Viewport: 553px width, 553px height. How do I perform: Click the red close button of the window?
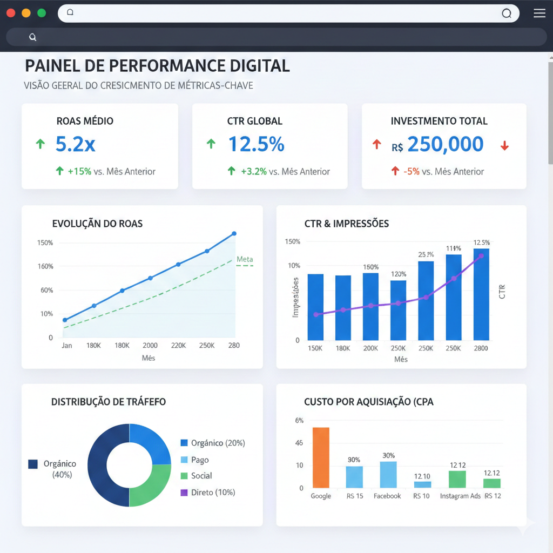[x=11, y=13]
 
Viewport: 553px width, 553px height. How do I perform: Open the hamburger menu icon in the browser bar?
[x=539, y=14]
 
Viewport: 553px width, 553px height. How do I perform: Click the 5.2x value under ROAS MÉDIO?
[x=76, y=144]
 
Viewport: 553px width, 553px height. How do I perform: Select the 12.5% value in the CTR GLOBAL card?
[x=256, y=144]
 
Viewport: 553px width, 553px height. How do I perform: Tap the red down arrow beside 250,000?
[x=504, y=145]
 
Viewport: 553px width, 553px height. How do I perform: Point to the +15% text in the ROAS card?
[x=79, y=172]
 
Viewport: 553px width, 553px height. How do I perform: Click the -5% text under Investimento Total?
[x=412, y=172]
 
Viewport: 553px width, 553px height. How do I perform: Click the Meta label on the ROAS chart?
[x=245, y=259]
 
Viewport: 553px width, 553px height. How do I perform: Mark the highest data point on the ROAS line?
[x=234, y=234]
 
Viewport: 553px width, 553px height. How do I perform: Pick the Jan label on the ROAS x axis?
[x=66, y=346]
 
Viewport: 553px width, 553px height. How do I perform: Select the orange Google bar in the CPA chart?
[x=321, y=457]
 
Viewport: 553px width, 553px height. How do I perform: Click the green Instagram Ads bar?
[x=457, y=479]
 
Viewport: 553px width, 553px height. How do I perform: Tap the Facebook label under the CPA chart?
[x=387, y=496]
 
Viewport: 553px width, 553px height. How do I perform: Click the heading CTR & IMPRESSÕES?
[x=346, y=224]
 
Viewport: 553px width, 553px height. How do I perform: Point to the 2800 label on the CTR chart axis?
[x=481, y=348]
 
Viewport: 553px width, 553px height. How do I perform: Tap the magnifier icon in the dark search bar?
[x=33, y=37]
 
